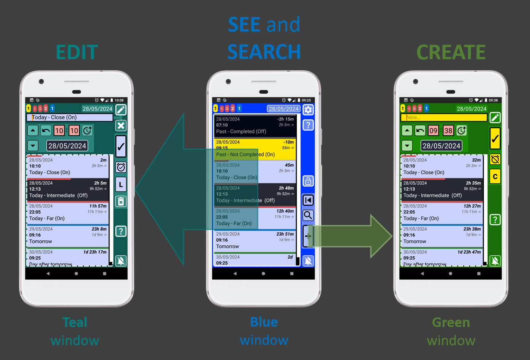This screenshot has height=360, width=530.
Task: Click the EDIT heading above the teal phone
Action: coord(77,52)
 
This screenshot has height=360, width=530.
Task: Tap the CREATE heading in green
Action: coord(451,52)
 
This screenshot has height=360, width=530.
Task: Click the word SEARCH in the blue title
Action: coord(264,52)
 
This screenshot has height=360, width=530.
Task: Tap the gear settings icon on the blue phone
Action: coord(308,110)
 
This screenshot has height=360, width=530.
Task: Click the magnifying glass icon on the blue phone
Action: coord(308,215)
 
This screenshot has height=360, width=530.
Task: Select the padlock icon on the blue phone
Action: coord(308,181)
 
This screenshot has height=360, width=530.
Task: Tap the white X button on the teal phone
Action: coord(121,126)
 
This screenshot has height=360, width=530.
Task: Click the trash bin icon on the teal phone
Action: coord(121,201)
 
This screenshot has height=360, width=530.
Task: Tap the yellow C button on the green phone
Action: coord(495,177)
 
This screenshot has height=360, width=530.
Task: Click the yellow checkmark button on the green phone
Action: coord(495,139)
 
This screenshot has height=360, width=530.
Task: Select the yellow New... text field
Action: coord(444,118)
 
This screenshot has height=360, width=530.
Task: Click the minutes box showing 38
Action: coord(448,131)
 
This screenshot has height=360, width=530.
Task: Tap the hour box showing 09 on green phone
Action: coord(433,131)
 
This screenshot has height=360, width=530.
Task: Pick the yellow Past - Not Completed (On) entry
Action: coord(255,149)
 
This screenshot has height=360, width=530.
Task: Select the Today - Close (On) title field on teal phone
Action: coord(70,118)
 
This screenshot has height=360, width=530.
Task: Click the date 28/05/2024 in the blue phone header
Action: coord(283,109)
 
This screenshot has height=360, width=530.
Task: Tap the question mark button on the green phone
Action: coord(495,219)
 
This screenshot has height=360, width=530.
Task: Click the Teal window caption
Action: coord(75,331)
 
